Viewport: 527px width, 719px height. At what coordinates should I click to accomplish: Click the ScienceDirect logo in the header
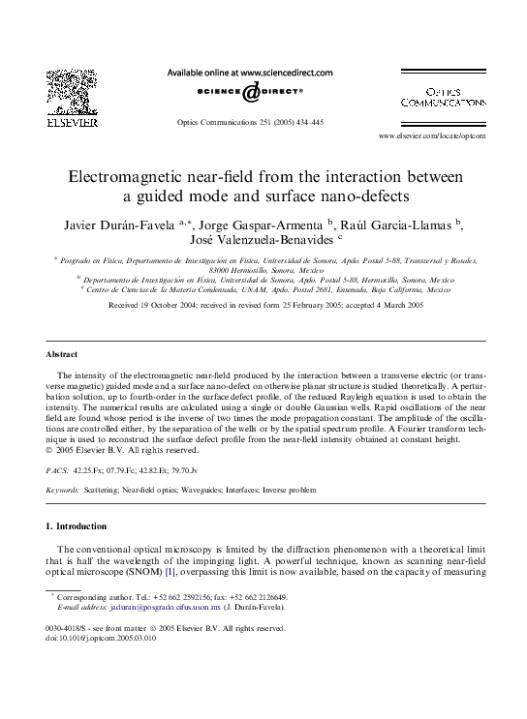[x=250, y=91]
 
